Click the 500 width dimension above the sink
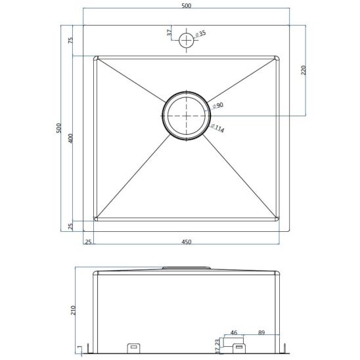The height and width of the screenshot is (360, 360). (x=186, y=5)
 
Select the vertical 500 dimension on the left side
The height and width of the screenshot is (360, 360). (x=59, y=128)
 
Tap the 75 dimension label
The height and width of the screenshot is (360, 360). (x=71, y=40)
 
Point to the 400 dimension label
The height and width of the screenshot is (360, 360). (x=71, y=138)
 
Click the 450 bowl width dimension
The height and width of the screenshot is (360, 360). (x=186, y=242)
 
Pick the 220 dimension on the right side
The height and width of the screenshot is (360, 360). (x=304, y=70)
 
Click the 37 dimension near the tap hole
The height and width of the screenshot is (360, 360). (x=169, y=32)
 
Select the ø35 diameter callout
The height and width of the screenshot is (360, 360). (x=200, y=34)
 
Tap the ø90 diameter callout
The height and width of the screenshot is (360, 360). (x=218, y=105)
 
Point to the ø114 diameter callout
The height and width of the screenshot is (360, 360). (x=217, y=128)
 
